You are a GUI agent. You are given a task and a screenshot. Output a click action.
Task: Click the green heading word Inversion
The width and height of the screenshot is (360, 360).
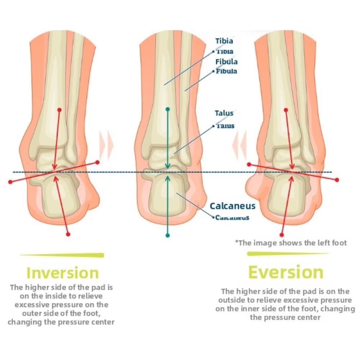click(x=63, y=273)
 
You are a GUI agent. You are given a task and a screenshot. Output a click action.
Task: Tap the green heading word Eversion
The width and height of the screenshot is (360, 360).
click(x=286, y=272)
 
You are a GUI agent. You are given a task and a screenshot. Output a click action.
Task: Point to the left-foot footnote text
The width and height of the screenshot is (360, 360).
click(x=291, y=243)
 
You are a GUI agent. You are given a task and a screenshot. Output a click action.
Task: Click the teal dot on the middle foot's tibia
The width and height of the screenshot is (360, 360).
click(x=167, y=109)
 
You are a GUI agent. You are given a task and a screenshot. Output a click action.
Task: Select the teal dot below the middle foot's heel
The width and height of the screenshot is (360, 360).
click(x=167, y=235)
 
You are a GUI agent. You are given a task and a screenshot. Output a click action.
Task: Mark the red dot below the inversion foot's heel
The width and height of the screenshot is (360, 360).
click(x=68, y=234)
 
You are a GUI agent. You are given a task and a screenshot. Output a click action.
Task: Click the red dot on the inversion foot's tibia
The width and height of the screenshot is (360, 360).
click(x=59, y=109)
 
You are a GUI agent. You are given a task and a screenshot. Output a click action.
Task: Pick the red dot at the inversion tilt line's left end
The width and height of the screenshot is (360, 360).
click(x=10, y=182)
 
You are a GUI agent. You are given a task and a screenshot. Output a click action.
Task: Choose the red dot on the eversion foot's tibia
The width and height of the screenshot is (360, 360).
click(x=286, y=109)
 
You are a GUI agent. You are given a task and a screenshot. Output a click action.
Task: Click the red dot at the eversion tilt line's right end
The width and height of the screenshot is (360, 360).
click(x=337, y=180)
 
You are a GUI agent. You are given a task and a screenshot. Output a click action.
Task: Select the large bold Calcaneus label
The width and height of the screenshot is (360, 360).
click(x=233, y=206)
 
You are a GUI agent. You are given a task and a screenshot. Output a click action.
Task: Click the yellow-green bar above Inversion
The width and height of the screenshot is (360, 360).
click(x=62, y=255)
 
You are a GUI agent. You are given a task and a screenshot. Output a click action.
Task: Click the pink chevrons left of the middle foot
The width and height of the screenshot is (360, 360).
click(x=106, y=145)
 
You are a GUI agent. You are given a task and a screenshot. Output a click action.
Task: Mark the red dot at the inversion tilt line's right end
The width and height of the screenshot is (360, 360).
click(x=97, y=163)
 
